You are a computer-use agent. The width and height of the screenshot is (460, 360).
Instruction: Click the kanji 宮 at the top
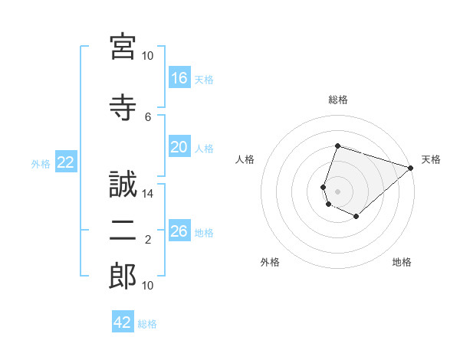(x=123, y=47)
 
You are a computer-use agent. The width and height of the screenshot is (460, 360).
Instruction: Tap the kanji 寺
(x=123, y=107)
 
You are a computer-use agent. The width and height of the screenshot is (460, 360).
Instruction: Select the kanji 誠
(x=123, y=184)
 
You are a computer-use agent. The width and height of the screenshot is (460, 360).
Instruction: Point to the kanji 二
(x=123, y=231)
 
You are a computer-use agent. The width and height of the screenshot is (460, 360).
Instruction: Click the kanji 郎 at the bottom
(x=123, y=276)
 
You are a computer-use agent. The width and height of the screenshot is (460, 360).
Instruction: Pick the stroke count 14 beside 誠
(x=147, y=194)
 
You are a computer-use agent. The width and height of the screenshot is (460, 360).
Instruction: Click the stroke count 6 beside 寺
(x=148, y=117)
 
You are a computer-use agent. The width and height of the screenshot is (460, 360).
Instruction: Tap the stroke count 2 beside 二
(x=148, y=240)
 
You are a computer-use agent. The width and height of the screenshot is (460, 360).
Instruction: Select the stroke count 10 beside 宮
(x=147, y=56)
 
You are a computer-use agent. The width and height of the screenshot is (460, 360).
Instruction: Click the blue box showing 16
(x=179, y=77)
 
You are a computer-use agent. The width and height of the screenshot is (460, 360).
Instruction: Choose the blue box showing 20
(x=179, y=146)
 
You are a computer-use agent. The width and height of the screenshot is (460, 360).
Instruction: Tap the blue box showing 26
(x=179, y=230)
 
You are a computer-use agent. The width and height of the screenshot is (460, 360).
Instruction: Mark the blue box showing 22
(x=66, y=162)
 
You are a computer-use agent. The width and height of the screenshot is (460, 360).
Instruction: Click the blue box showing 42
(x=123, y=321)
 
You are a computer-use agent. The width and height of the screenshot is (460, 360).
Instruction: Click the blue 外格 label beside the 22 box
(x=41, y=164)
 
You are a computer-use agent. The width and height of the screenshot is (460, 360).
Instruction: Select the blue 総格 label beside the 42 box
(x=147, y=324)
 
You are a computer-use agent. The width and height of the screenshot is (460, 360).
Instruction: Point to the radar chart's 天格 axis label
(x=431, y=159)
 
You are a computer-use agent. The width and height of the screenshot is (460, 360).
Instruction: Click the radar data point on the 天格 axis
(x=411, y=168)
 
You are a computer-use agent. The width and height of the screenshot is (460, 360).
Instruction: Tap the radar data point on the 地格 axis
(x=356, y=216)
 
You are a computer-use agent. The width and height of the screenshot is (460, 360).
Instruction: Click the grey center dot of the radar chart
(x=337, y=191)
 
